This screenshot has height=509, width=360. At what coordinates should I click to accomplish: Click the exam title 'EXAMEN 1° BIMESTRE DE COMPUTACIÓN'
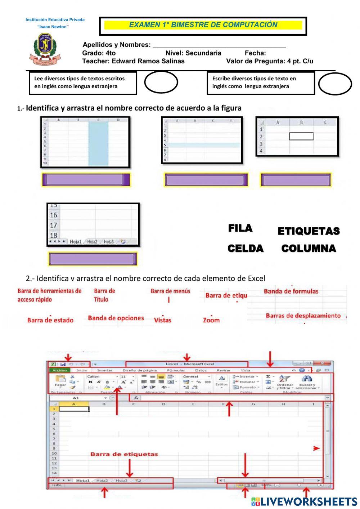click(203, 25)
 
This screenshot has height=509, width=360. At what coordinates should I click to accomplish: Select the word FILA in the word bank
click(240, 228)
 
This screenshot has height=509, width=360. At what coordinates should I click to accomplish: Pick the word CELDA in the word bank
click(246, 249)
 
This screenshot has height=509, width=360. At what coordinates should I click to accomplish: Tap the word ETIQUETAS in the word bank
click(309, 231)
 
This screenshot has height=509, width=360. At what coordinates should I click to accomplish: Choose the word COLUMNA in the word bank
click(309, 249)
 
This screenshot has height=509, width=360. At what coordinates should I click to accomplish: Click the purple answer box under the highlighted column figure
click(86, 180)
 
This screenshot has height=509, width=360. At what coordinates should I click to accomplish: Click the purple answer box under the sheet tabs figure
click(93, 259)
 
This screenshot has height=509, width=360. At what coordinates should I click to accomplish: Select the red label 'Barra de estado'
click(50, 320)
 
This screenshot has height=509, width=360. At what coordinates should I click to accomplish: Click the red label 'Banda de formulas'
click(291, 291)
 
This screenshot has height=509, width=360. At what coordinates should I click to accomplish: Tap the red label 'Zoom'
click(211, 320)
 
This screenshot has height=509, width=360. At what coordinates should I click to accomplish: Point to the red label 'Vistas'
click(163, 320)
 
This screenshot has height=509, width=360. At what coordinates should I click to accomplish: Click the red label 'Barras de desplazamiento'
click(303, 316)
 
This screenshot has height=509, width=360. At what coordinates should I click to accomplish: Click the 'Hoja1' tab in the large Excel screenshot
click(82, 481)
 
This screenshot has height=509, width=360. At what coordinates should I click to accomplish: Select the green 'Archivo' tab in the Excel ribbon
click(60, 370)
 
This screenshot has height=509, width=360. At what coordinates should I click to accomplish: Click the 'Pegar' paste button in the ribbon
click(60, 381)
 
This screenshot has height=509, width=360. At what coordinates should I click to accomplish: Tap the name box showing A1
click(76, 398)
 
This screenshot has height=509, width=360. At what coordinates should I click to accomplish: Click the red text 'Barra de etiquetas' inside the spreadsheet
click(124, 454)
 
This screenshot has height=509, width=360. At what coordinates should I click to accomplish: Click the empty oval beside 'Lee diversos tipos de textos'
click(161, 82)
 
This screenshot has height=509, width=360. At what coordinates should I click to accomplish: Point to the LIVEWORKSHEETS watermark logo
click(304, 502)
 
